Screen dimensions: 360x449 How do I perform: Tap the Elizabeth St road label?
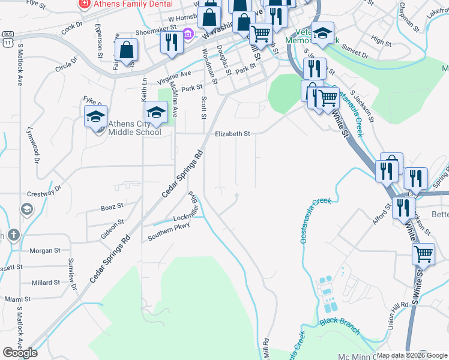click(x=232, y=134)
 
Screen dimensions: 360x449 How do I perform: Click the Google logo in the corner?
click(x=20, y=353)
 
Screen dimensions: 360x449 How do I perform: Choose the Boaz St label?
click(x=112, y=206)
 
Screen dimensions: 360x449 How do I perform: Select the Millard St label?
click(x=46, y=283)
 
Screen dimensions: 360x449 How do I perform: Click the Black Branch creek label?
click(x=339, y=326)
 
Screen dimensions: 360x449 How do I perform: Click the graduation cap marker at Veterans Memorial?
click(x=323, y=34)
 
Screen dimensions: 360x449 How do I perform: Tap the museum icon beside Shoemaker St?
click(x=188, y=35)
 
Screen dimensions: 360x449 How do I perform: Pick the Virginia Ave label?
click(x=174, y=76)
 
